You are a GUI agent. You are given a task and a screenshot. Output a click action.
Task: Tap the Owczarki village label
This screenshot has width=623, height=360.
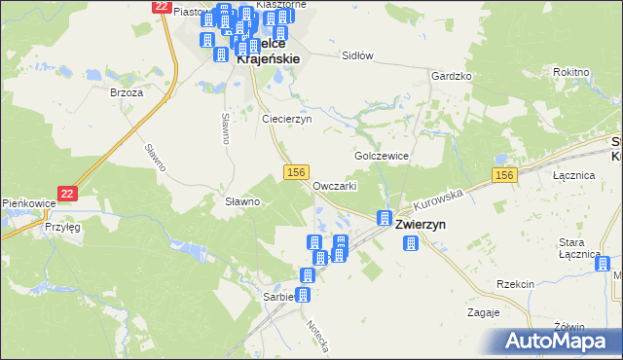click(335, 185)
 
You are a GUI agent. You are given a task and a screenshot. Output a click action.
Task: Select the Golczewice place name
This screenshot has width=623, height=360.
click(382, 156)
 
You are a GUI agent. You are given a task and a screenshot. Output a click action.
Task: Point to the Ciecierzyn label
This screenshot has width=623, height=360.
click(286, 119)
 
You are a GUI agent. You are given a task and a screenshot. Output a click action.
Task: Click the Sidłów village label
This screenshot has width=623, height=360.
click(357, 56)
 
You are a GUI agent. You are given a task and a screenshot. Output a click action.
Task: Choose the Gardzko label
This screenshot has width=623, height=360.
click(452, 75)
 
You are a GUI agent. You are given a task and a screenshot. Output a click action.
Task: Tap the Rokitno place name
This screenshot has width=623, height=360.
click(570, 72)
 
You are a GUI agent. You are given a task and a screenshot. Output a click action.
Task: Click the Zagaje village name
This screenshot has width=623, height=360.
click(483, 312)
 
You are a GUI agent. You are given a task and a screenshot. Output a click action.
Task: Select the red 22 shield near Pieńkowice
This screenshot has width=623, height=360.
click(67, 194)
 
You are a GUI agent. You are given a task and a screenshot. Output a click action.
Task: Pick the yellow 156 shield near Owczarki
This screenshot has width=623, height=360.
click(298, 171)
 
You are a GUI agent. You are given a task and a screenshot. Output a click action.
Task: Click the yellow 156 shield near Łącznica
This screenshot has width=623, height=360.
click(502, 174)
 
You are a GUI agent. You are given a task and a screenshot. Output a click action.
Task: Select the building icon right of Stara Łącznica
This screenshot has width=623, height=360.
click(603, 263)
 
